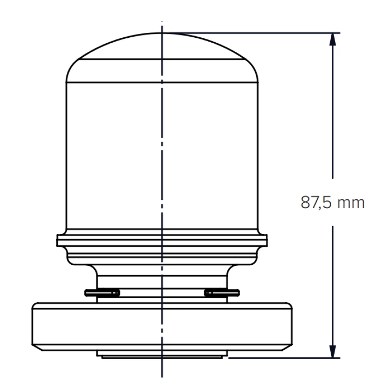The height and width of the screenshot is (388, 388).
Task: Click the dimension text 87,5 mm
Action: pos(332,202)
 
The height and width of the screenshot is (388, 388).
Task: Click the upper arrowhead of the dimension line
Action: pos(332,39)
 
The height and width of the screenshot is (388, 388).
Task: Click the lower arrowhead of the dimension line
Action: pos(332,352)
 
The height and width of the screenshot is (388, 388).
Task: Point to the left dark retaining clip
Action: pos(102,292)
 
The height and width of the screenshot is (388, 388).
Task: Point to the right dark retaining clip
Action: pos(222,292)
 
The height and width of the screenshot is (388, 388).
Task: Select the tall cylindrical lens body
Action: pos(162,155)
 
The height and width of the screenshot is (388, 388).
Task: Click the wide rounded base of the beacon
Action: pos(162,325)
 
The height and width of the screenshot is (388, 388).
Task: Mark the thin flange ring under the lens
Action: pos(162,240)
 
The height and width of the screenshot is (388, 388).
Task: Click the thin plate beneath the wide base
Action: pos(162,354)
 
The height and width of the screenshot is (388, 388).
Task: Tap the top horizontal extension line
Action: pos(252,32)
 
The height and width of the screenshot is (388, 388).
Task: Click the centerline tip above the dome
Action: pos(162,24)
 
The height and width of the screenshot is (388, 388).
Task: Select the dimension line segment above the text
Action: pos(332,112)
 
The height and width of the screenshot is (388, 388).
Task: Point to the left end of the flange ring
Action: pos(59,240)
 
